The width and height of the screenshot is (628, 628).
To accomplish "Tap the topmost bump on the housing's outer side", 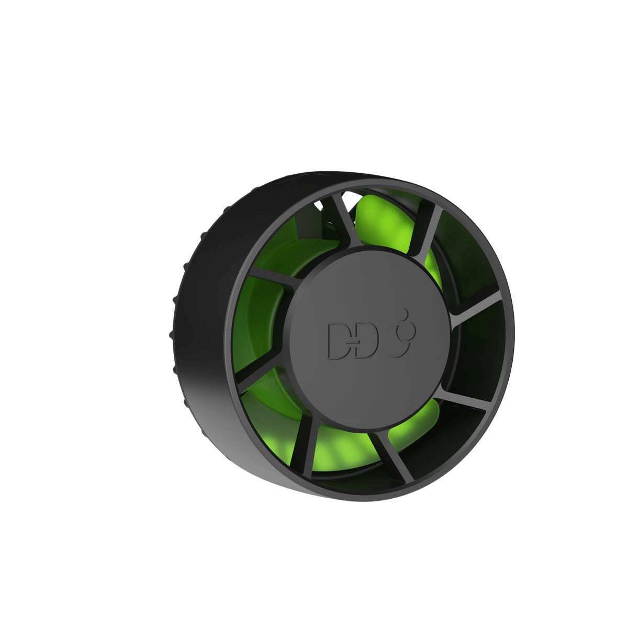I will pos(227,209).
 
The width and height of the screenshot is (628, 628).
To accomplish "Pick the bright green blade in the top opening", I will pos(382,220).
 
